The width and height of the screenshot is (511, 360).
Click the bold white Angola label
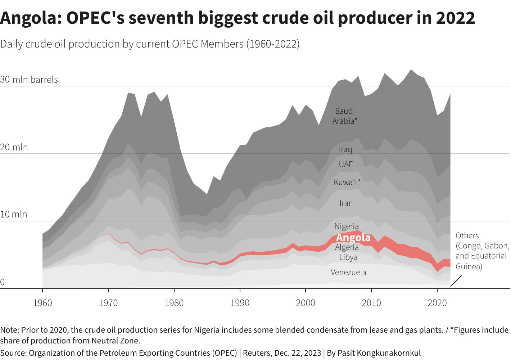pyautogui.click(x=353, y=238)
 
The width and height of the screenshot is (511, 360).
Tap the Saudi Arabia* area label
pyautogui.click(x=345, y=116)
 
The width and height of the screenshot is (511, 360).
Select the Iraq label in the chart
pyautogui.click(x=345, y=149)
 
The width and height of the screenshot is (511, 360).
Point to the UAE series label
pyautogui.click(x=346, y=165)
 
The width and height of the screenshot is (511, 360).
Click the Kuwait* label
pyautogui.click(x=347, y=182)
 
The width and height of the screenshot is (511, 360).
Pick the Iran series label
pyautogui.click(x=346, y=203)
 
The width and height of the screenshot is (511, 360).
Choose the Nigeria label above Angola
pyautogui.click(x=347, y=226)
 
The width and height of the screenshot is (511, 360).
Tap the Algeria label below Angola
pyautogui.click(x=347, y=247)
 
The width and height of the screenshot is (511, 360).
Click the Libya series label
pyautogui.click(x=348, y=257)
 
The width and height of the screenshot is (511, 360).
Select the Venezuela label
pyautogui.click(x=348, y=273)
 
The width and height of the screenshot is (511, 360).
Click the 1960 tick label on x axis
pyautogui.click(x=42, y=303)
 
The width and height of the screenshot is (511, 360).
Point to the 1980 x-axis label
pyautogui.click(x=174, y=303)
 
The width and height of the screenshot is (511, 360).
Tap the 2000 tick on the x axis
pyautogui.click(x=306, y=303)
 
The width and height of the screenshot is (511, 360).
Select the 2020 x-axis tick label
pyautogui.click(x=437, y=303)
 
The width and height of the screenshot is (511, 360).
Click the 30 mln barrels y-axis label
pyautogui.click(x=29, y=80)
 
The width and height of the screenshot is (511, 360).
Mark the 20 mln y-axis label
pyautogui.click(x=14, y=147)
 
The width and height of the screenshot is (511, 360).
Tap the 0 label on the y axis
pyautogui.click(x=3, y=282)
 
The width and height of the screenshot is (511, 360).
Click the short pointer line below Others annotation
pyautogui.click(x=456, y=281)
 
